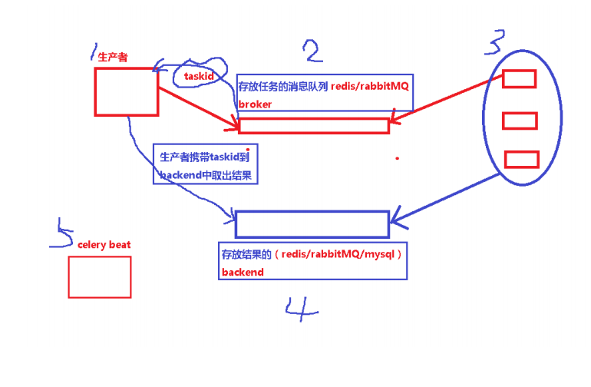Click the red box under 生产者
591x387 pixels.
click(x=126, y=91)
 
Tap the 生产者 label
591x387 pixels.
click(x=113, y=57)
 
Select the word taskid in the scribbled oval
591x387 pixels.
click(x=198, y=78)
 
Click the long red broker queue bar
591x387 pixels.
click(x=314, y=126)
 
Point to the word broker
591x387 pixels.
click(x=255, y=104)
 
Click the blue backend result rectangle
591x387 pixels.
click(x=312, y=223)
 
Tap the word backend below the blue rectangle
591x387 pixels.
click(x=243, y=272)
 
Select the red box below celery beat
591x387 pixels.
click(x=100, y=276)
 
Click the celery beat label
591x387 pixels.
click(x=104, y=244)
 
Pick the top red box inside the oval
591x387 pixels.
click(x=519, y=79)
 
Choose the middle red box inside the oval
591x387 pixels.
click(x=520, y=121)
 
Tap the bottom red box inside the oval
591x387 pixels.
click(x=521, y=159)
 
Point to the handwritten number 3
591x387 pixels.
click(x=494, y=42)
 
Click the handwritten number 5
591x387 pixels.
click(x=61, y=233)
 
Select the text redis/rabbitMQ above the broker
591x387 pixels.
click(x=370, y=87)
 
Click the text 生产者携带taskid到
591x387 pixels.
click(x=203, y=157)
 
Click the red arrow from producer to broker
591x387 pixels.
click(x=198, y=105)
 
